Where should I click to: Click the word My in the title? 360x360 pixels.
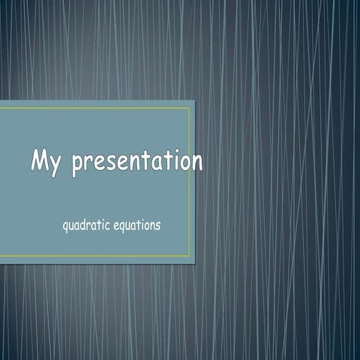(x=46, y=163)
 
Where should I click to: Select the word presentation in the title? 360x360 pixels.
(x=136, y=163)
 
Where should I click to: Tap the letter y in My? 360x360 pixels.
(x=57, y=166)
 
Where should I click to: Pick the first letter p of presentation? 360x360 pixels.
(x=77, y=166)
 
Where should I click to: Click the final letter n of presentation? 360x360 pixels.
(x=195, y=163)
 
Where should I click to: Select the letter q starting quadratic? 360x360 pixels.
(x=66, y=226)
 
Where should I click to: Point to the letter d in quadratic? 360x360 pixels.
(x=87, y=224)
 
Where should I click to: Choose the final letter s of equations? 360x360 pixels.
(x=157, y=225)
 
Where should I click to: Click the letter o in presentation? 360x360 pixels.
(x=183, y=163)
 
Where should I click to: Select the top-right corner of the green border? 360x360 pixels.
(x=189, y=108)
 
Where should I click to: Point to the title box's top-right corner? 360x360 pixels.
(x=195, y=100)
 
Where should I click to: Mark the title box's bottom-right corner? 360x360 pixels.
(x=195, y=263)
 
